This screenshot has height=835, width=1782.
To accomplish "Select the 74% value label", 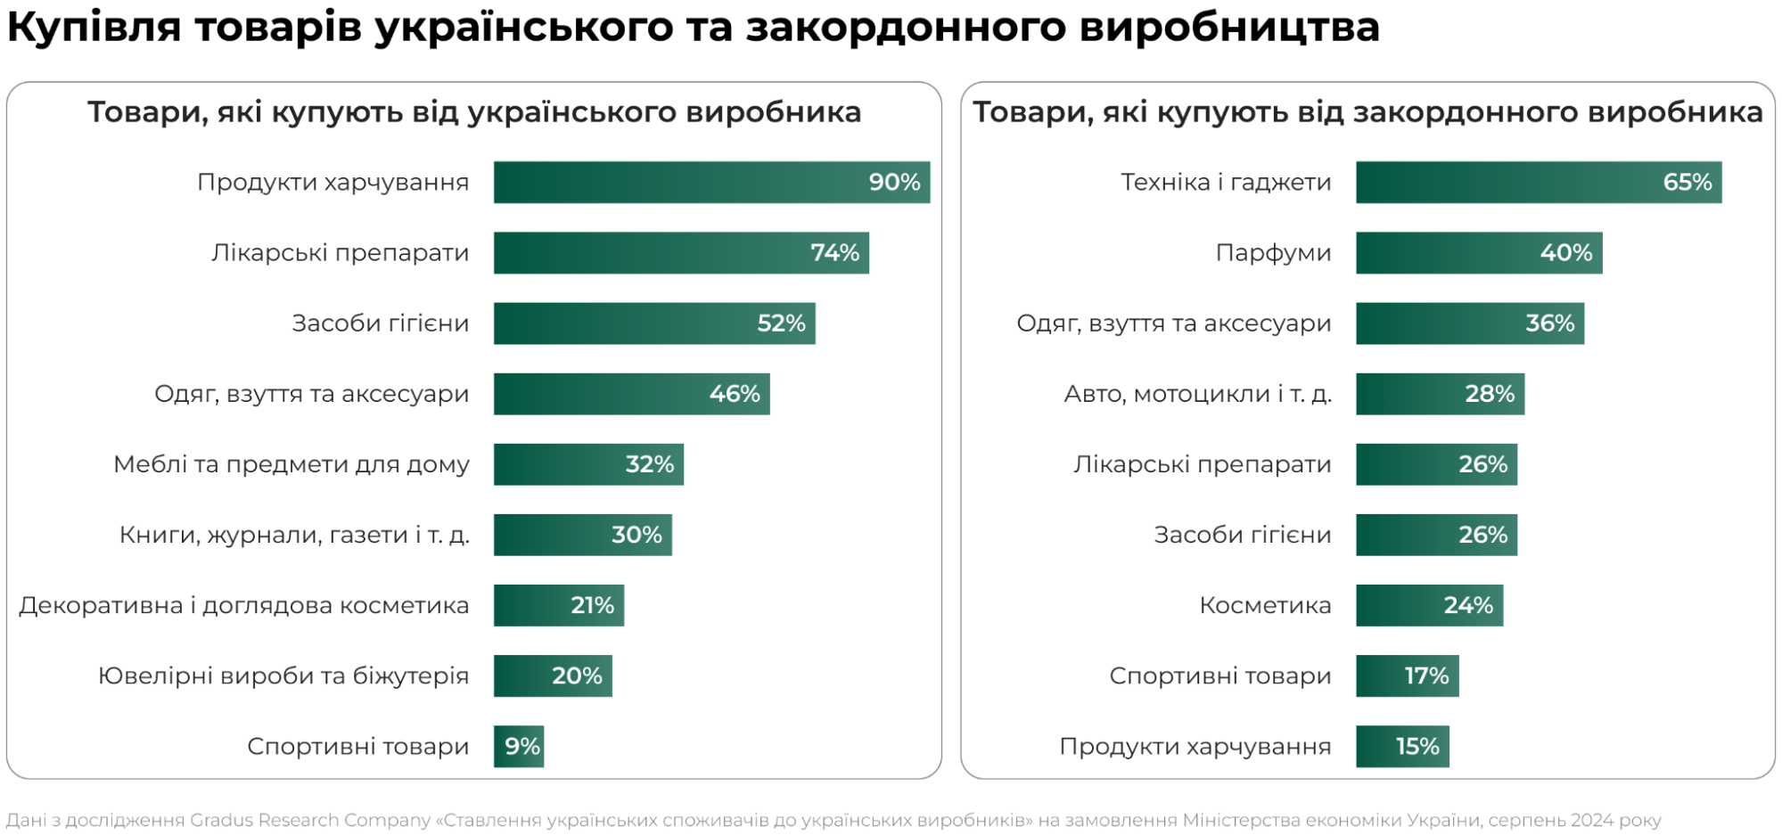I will pos(834,253).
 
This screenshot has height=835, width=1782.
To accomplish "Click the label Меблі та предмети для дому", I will pos(291,464).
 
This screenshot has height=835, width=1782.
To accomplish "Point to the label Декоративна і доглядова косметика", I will pos(243,605).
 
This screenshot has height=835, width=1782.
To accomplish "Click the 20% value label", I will pos(577,675).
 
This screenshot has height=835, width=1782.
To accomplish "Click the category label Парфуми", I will pos(1273,253).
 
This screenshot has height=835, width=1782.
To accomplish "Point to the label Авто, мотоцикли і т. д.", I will pos(1197,394).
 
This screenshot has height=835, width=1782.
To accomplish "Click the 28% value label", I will pos(1490,394).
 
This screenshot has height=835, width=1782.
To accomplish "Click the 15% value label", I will pos(1417,747).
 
